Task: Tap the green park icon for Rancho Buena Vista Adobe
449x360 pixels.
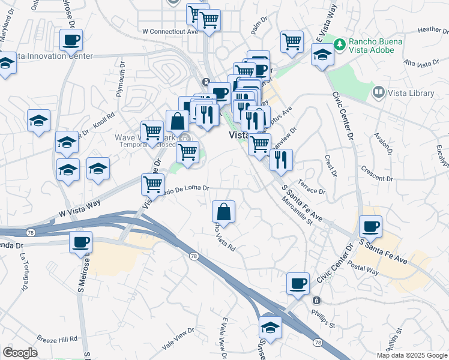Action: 340,43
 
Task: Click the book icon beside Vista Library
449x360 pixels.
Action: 378,92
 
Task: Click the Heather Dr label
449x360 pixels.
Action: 430,29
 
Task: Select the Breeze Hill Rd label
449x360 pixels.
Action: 57,338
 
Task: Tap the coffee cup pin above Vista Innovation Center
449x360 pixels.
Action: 71,41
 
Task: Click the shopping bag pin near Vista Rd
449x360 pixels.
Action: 223,212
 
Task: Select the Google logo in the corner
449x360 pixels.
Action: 20,353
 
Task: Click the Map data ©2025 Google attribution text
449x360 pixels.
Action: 411,355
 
